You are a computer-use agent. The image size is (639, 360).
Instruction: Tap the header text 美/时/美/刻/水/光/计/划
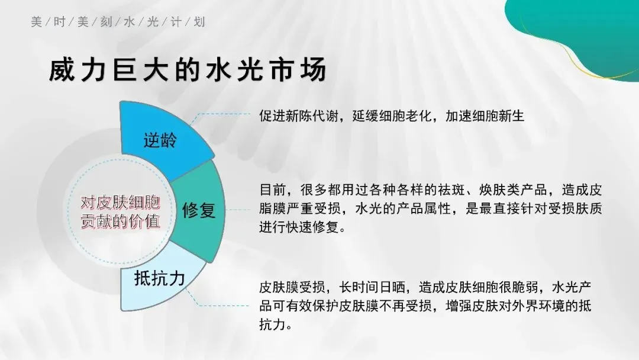tap(118, 22)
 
